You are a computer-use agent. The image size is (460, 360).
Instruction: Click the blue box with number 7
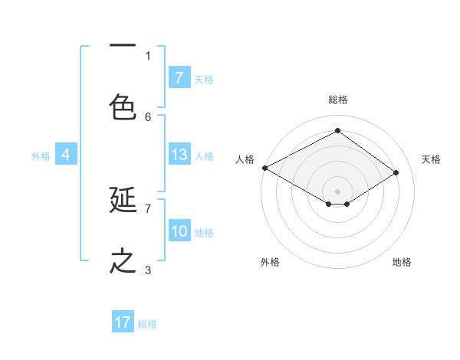179,77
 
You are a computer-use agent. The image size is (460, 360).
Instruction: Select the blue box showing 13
179,155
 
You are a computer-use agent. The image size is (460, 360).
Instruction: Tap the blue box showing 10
179,231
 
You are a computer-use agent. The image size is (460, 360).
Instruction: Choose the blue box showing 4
65,155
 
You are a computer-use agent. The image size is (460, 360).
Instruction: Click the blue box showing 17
123,322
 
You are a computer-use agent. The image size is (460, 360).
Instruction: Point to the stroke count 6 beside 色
148,116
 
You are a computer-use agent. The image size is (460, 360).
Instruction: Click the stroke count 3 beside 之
148,270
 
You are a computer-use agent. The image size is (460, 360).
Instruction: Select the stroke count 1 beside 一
148,55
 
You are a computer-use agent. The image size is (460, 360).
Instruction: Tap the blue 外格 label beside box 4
41,155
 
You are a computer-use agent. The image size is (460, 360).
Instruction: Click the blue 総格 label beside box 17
147,323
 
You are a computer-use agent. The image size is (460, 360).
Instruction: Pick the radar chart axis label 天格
431,159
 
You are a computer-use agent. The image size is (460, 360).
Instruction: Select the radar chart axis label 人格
245,159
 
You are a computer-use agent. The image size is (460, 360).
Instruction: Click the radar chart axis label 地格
402,262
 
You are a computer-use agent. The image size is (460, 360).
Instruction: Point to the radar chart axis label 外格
270,262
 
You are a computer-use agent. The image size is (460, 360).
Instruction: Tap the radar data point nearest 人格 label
264,168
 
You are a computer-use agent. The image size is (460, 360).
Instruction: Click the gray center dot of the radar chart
337,191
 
